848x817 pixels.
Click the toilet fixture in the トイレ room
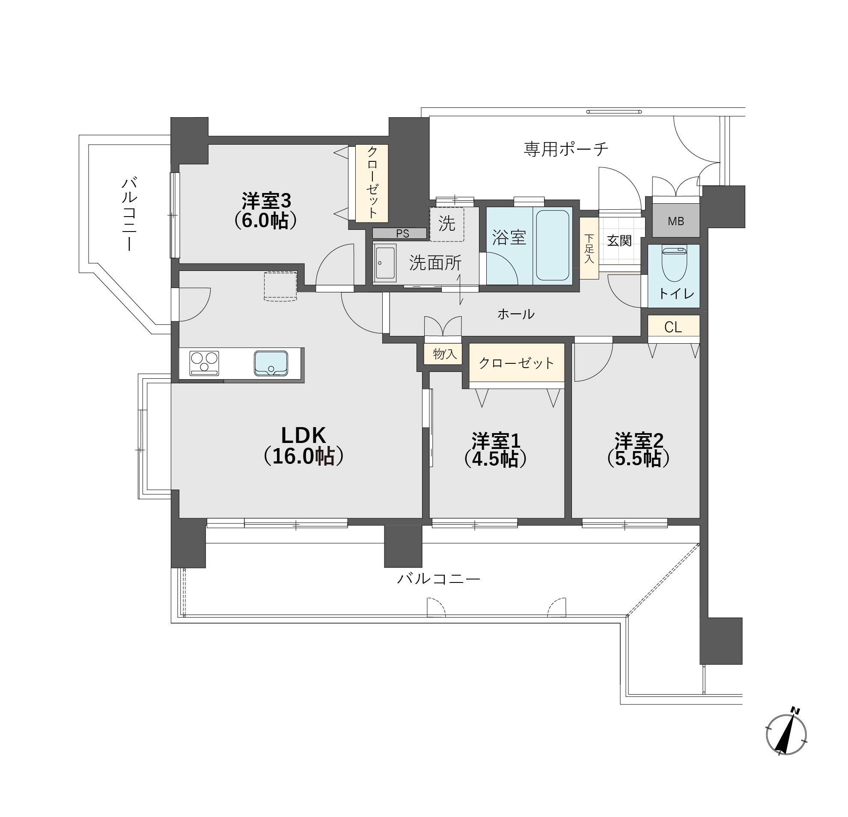(x=674, y=263)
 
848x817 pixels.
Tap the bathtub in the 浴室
(x=553, y=245)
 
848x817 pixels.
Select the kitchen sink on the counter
(x=271, y=363)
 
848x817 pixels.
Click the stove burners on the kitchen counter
(x=204, y=363)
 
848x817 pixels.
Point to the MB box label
(x=676, y=221)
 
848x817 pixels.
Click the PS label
(x=402, y=234)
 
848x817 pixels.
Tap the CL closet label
(x=673, y=327)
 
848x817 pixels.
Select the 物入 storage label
(x=445, y=354)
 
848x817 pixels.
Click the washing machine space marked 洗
(x=447, y=224)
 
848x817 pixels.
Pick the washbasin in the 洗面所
(x=385, y=263)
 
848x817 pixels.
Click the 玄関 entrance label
(x=619, y=241)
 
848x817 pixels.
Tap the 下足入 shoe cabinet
(x=589, y=248)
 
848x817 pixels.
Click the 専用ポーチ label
(x=566, y=149)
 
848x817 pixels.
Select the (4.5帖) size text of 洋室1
(x=495, y=459)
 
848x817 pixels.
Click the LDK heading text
(x=303, y=435)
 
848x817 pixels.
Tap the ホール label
(x=516, y=314)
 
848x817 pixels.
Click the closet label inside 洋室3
(x=372, y=182)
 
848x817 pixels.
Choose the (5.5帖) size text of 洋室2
(x=639, y=459)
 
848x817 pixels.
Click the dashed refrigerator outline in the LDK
(x=280, y=285)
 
